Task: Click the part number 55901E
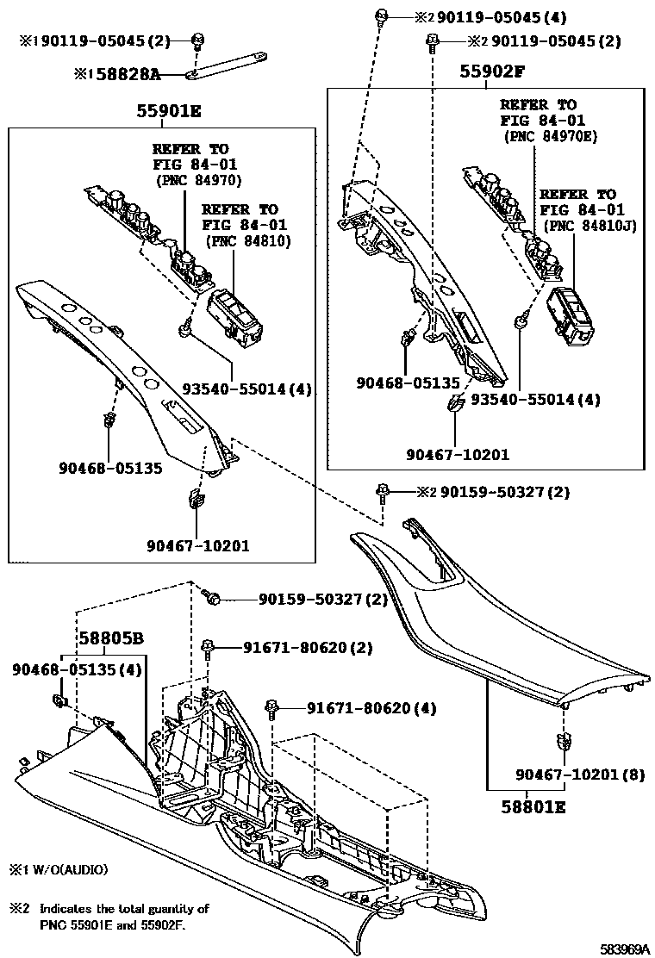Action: pos(168,111)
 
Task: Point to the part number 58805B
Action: pos(111,639)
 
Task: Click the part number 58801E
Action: pos(534,807)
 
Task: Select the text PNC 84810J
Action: pos(587,226)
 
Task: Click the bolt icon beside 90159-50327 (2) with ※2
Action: pos(382,492)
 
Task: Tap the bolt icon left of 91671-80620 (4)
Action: pos(272,707)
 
